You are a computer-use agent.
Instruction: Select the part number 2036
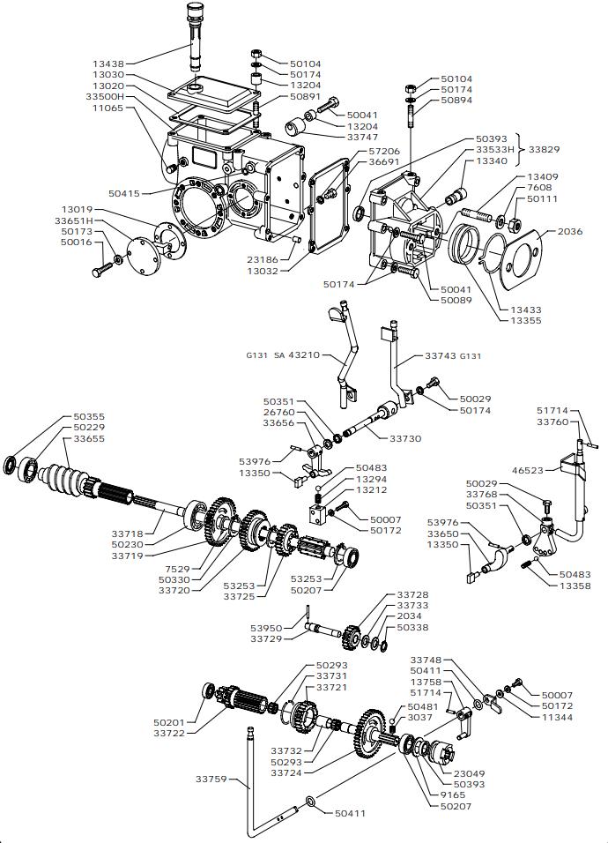point(571,231)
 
